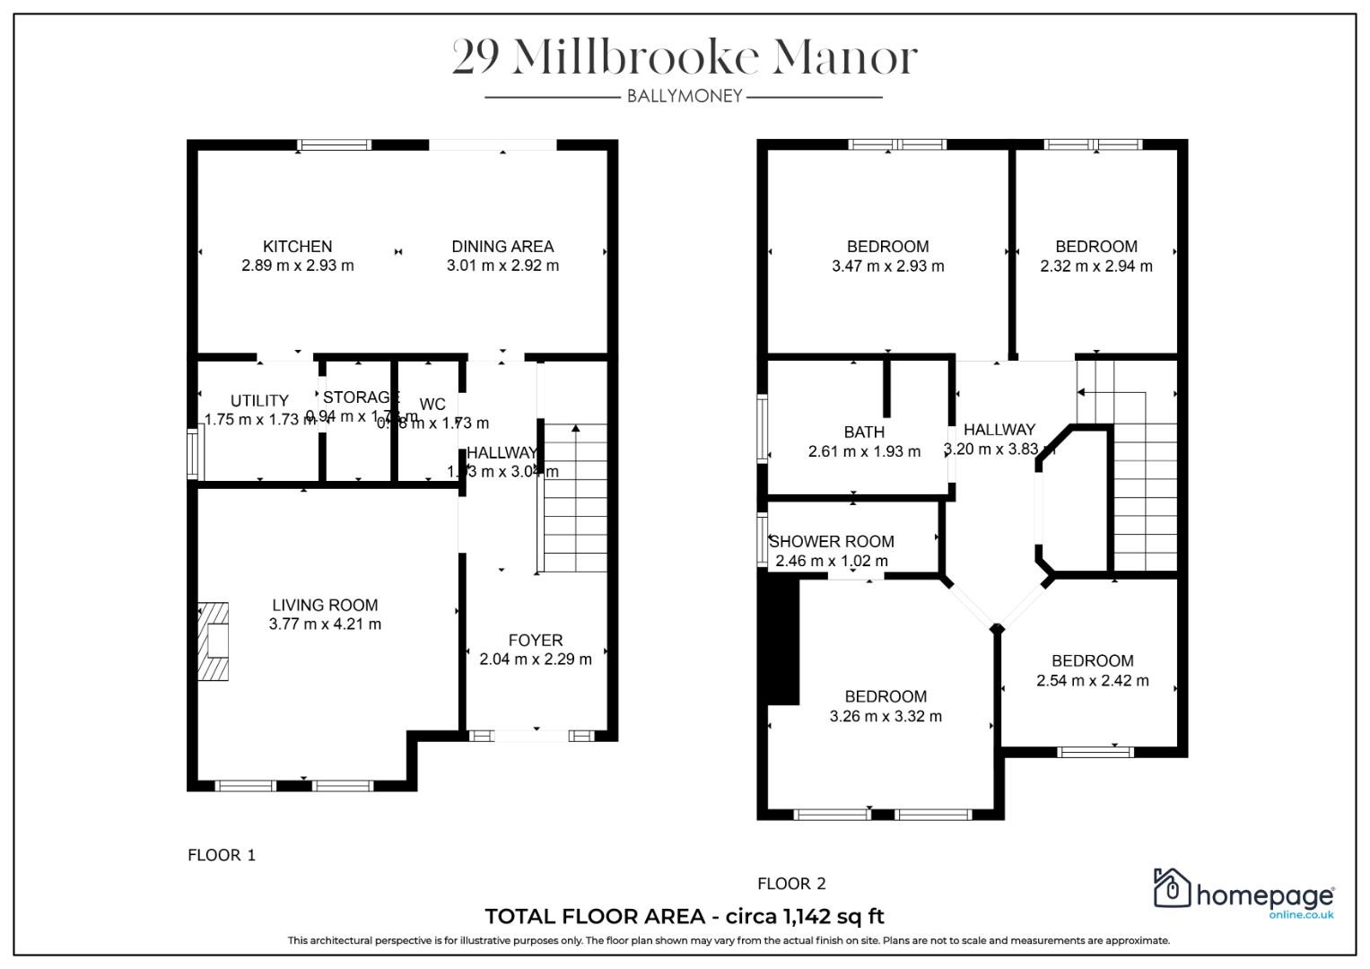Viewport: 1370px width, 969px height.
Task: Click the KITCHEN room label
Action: tap(297, 246)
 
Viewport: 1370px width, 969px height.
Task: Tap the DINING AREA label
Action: tap(502, 246)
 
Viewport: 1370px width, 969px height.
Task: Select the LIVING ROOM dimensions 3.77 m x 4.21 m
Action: tap(325, 624)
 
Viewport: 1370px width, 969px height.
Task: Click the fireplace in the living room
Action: tap(214, 641)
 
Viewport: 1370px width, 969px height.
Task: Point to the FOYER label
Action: tap(536, 640)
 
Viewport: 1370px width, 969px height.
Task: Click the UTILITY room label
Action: tap(259, 400)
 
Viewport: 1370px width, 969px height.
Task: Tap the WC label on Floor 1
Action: tap(432, 405)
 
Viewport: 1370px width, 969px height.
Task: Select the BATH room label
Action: tap(864, 432)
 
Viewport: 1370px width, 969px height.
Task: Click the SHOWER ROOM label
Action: tap(832, 542)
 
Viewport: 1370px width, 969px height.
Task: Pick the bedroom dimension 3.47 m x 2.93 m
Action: tap(887, 266)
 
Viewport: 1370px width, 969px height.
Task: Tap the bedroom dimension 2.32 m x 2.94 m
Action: tap(1096, 266)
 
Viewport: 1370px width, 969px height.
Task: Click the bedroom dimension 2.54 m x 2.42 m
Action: tap(1092, 680)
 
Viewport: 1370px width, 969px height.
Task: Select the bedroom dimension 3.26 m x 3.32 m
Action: tap(886, 716)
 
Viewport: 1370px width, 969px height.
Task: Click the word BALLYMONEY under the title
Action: tap(685, 96)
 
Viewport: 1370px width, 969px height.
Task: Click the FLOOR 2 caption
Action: tap(790, 884)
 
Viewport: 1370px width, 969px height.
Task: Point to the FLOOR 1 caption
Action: tap(222, 855)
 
